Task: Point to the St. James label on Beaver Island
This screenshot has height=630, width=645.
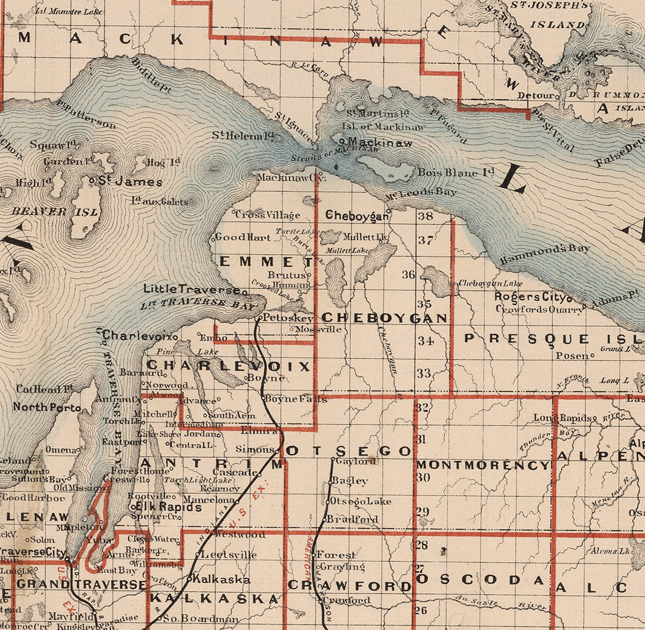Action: pyautogui.click(x=130, y=182)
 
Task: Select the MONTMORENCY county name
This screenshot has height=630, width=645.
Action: pyautogui.click(x=483, y=464)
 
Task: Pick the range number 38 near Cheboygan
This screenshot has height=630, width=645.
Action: pyautogui.click(x=425, y=216)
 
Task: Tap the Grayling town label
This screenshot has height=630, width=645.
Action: pyautogui.click(x=342, y=566)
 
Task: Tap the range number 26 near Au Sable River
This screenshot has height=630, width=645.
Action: pyautogui.click(x=421, y=610)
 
